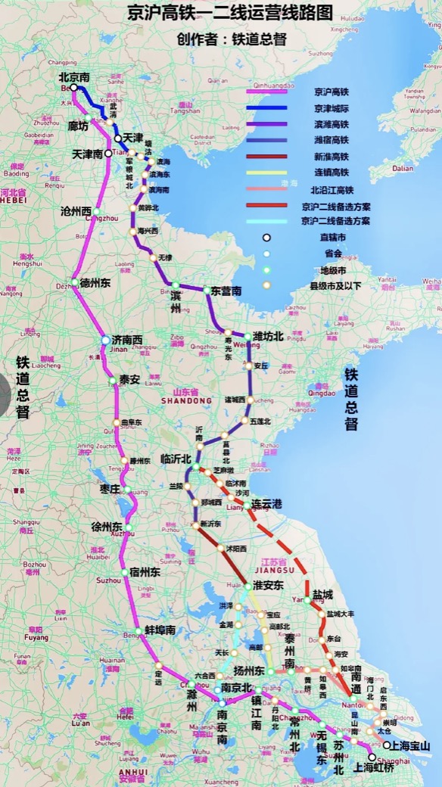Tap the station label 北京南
[x=75, y=77]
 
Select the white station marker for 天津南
[x=109, y=153]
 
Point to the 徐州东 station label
[x=107, y=526]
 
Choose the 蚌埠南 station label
[x=160, y=630]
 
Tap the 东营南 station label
[x=226, y=291]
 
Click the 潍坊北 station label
[x=269, y=336]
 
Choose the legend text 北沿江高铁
[x=334, y=189]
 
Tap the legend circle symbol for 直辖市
[x=266, y=238]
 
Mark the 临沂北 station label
[x=177, y=459]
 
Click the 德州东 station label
[x=95, y=283]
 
